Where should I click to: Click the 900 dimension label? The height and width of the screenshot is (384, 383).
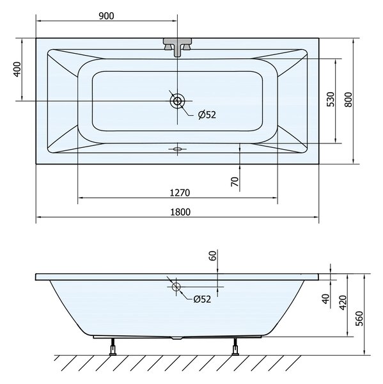tap(106, 16)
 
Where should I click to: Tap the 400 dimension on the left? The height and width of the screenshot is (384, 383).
tap(17, 69)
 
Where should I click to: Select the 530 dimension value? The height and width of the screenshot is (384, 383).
tap(331, 99)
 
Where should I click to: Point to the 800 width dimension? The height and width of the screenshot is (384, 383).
tap(348, 99)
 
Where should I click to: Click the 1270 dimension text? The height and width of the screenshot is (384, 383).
tap(180, 193)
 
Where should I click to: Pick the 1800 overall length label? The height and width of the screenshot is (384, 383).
tap(180, 212)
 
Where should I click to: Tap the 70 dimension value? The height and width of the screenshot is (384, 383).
tap(235, 182)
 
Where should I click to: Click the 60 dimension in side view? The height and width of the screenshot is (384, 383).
tap(213, 255)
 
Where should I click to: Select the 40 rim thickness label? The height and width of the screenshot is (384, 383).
tap(325, 299)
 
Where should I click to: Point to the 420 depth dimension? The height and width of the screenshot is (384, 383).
tap(343, 303)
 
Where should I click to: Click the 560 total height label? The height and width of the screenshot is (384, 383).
tap(359, 318)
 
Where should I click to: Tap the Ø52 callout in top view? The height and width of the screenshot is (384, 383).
tap(207, 115)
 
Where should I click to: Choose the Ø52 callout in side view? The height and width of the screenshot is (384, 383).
tap(202, 299)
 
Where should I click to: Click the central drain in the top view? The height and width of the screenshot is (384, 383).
tap(177, 100)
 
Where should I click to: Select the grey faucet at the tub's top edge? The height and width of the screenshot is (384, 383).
tap(177, 47)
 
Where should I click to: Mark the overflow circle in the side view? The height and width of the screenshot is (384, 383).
tap(176, 287)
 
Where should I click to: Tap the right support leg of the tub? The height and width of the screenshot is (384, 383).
tap(235, 346)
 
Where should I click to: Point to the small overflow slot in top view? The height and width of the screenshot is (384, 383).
tap(178, 149)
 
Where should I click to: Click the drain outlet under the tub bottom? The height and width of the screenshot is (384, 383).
tap(177, 338)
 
